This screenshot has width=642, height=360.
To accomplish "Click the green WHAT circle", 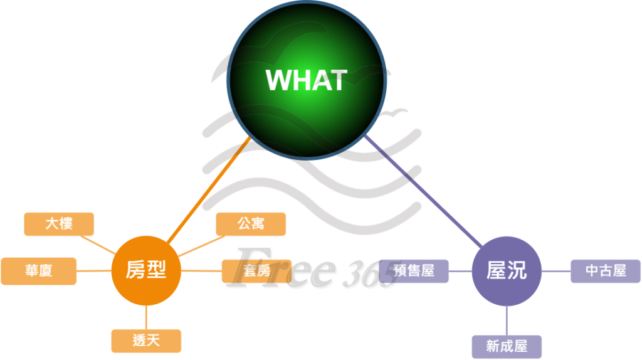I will [x=307, y=80].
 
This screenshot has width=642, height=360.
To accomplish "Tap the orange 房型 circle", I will [x=146, y=271].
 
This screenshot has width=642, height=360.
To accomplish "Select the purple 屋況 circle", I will [x=507, y=271].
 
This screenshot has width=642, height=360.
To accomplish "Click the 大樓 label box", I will [x=59, y=224].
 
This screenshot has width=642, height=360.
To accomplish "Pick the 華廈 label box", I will [x=39, y=271].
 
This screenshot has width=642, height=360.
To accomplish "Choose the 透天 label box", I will [x=146, y=341].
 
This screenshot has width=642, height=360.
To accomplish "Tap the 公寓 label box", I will [x=251, y=224].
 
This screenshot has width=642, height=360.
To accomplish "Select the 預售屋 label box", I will [x=415, y=271].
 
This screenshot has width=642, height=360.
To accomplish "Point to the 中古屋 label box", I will [x=606, y=271].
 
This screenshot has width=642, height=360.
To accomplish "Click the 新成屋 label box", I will [x=507, y=346].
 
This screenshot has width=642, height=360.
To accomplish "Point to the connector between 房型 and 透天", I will [x=146, y=317].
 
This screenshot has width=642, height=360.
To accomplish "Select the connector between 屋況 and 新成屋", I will [x=507, y=320].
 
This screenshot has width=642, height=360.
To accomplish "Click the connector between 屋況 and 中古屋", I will [x=556, y=272].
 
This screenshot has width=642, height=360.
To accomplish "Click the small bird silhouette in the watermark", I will [x=396, y=113].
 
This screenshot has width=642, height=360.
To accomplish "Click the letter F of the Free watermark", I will [x=251, y=267].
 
